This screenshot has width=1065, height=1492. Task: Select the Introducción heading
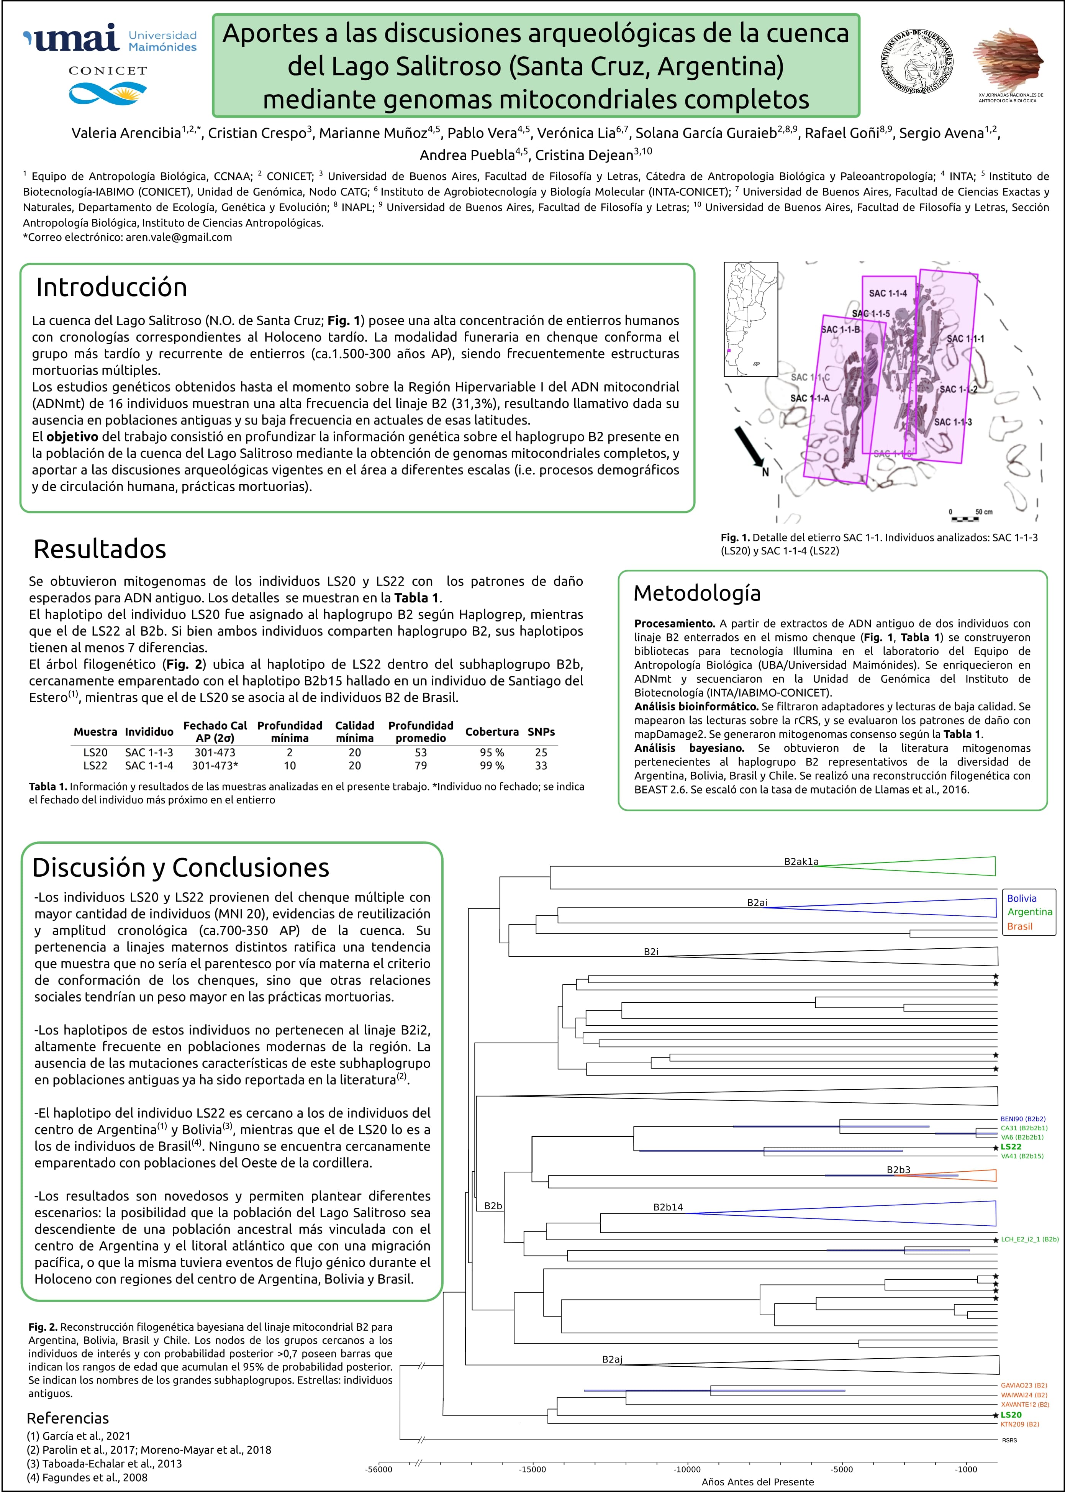[x=111, y=287]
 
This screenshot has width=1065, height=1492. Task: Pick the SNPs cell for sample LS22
[x=541, y=765]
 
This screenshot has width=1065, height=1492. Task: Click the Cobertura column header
[x=492, y=731]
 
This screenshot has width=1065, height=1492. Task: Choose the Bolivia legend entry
[x=1022, y=898]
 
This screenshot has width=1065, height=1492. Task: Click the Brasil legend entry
[x=1020, y=926]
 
